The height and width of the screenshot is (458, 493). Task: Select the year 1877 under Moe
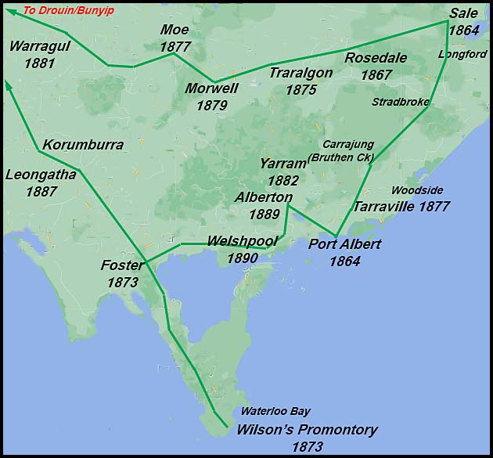pos(175,47)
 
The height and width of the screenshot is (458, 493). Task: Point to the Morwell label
pos(211,88)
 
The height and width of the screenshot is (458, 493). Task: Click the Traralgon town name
pos(301,73)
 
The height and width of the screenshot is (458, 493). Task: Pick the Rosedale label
pos(376,59)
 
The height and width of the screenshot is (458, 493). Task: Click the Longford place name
pos(462,54)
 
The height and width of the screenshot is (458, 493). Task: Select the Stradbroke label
pos(401,102)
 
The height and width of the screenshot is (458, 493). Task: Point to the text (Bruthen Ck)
pos(340,157)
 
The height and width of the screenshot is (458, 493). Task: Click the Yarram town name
pos(282,164)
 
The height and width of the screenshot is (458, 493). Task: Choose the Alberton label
pos(264,198)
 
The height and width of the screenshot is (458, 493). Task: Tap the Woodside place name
pos(417,190)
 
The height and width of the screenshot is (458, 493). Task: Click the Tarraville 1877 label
pos(401,207)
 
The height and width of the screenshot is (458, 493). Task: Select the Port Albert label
pos(344,244)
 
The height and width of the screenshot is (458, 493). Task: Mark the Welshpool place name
pos(243,240)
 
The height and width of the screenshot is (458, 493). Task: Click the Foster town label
pos(123,265)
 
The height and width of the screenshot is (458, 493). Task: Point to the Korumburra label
pos(83,145)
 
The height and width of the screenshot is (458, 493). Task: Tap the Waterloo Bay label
pos(275,411)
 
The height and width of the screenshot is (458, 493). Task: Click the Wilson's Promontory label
pos(307,430)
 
